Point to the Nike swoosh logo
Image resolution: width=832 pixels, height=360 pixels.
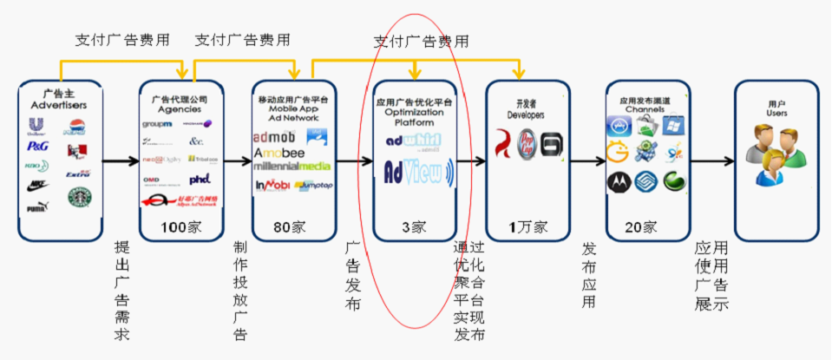tap(38, 184)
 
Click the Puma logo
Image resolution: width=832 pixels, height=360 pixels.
tap(37, 206)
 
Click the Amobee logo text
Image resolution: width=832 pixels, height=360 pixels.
tap(279, 153)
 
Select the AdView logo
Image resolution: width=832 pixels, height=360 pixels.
tap(414, 173)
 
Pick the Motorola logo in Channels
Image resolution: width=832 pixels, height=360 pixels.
tap(619, 181)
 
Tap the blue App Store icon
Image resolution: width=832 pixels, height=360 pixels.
tap(619, 128)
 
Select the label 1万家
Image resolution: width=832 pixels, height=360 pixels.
tap(527, 227)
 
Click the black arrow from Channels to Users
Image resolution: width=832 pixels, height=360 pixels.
tap(712, 160)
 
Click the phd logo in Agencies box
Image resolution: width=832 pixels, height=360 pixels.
tap(200, 179)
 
